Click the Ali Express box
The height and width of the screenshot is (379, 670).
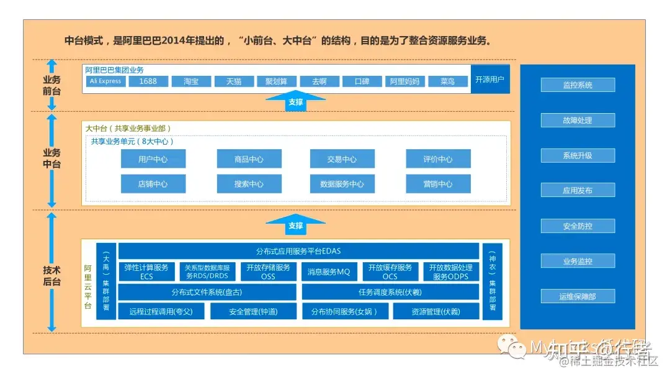point(105,81)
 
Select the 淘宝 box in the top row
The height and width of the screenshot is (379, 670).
point(190,81)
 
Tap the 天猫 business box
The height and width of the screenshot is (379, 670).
point(233,81)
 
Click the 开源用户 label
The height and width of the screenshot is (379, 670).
point(490,80)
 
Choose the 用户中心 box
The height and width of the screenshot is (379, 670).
point(153,159)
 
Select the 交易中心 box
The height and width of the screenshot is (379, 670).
point(342,159)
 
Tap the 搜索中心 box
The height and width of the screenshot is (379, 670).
point(249,184)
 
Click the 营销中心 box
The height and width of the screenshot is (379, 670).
point(438,184)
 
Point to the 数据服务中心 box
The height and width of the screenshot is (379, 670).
point(342,184)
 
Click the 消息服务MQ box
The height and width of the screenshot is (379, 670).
point(329,272)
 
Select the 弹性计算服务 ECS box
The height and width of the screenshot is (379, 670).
point(146,272)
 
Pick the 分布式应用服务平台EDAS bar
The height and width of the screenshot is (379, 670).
point(298,251)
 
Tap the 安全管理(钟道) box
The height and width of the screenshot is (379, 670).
point(253,311)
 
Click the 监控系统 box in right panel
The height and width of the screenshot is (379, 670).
point(578,85)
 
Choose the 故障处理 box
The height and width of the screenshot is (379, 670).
point(578,121)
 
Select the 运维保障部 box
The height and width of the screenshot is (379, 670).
point(578,296)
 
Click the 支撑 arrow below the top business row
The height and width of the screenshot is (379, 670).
point(296,101)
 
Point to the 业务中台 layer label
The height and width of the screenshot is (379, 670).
point(51,158)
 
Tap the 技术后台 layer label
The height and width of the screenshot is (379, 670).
point(51,276)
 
